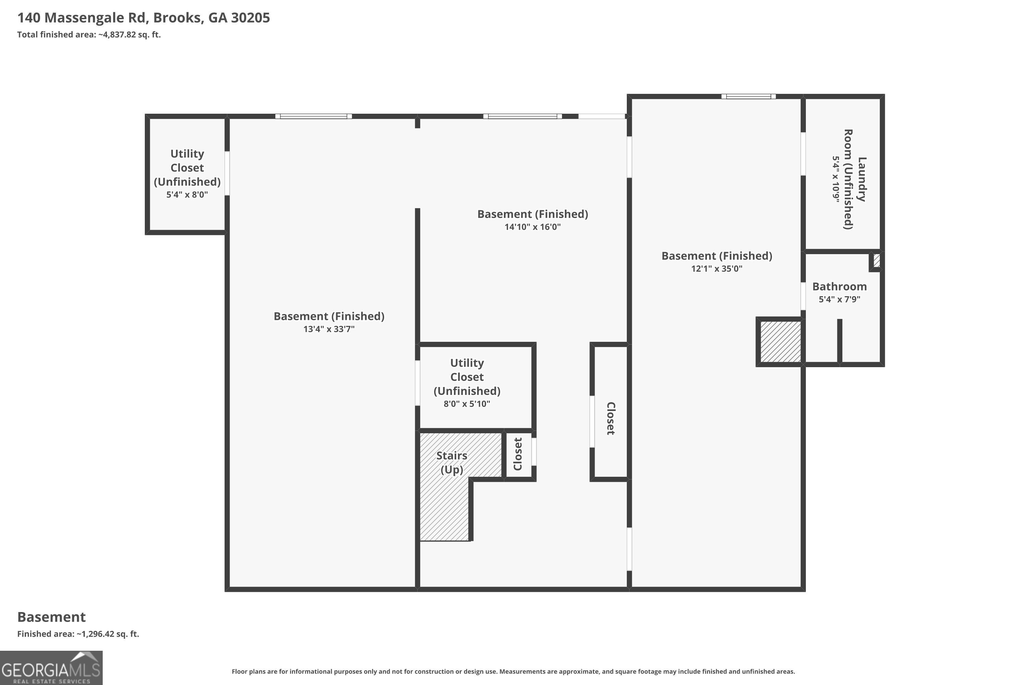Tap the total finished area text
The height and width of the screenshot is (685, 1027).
89,35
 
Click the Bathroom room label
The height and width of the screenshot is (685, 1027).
839,287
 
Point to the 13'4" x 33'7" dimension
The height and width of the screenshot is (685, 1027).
329,329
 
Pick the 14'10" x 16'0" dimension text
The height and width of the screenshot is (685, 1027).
532,227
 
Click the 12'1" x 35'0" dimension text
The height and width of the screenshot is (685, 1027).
717,269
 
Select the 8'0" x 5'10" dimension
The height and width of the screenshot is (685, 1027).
467,404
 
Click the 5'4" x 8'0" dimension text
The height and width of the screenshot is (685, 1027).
187,195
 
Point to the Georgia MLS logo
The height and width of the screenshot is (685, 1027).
51,668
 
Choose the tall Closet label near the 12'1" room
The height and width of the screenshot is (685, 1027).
611,419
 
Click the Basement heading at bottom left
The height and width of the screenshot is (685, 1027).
52,617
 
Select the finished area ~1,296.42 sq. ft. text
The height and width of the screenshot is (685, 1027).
78,634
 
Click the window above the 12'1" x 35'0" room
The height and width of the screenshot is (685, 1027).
748,97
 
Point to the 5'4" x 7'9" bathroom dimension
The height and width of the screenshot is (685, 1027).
839,299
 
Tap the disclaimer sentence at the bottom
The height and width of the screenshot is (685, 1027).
513,671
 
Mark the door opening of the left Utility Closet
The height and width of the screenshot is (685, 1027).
227,173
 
